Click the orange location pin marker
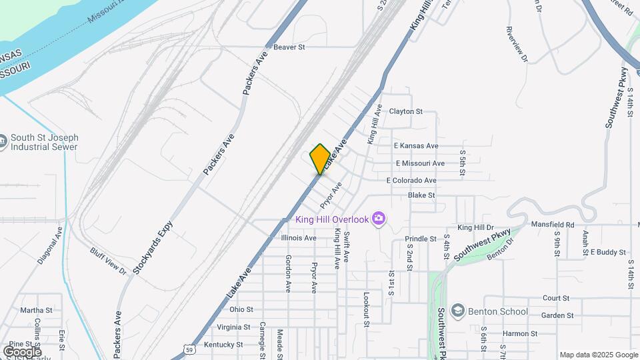[320, 159]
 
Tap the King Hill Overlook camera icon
[379, 219]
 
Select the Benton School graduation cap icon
[457, 311]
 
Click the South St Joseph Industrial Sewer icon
[3, 142]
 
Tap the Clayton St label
[405, 111]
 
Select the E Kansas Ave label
[415, 145]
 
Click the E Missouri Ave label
[419, 163]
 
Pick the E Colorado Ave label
[411, 181]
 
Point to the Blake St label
[421, 195]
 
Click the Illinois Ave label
[298, 237]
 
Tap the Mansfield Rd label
[552, 225]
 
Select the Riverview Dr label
[517, 45]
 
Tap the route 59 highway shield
[189, 349]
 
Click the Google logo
[21, 351]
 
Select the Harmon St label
[520, 333]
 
